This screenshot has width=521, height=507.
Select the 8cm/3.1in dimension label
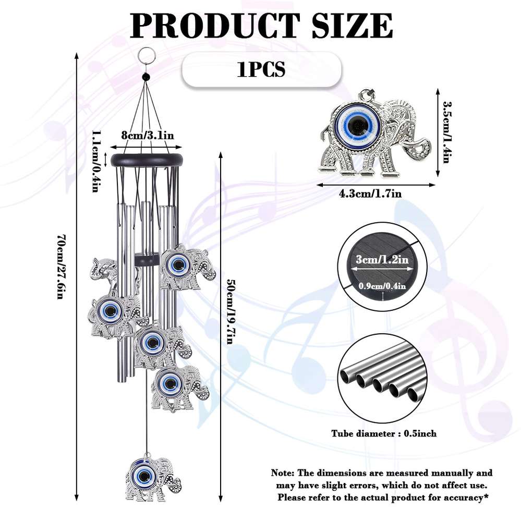pos(147,135)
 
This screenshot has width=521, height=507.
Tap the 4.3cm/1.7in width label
pos(370,194)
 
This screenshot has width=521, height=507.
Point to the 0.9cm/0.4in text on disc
pos(383,285)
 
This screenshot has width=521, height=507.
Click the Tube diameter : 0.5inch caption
pos(384,433)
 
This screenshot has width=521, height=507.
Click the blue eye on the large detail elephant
pos(358,125)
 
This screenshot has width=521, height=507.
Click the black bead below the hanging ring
pos(146,77)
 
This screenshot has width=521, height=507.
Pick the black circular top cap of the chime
pos(148,160)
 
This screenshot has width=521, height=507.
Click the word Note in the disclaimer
pos(282,473)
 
